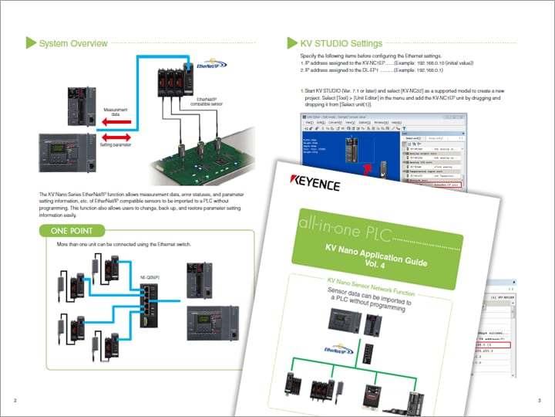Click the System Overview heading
(73, 43)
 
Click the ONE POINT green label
(72, 229)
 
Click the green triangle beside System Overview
(31, 43)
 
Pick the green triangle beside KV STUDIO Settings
(291, 43)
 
